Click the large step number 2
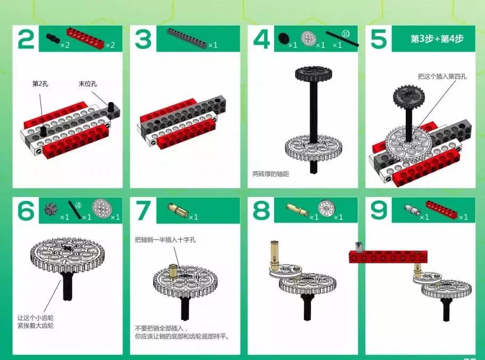click(x=26, y=39)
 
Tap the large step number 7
click(x=143, y=210)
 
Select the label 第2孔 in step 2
click(x=40, y=84)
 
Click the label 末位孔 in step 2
click(x=87, y=84)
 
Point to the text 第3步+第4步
click(x=437, y=39)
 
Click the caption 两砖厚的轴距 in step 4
click(x=270, y=174)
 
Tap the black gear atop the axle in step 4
click(x=314, y=73)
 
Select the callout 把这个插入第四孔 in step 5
click(x=442, y=76)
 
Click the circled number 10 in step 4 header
click(x=346, y=34)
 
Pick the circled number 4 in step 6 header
click(x=79, y=205)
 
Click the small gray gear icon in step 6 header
click(x=50, y=210)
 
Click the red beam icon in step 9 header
click(x=442, y=208)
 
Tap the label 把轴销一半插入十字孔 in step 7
click(x=165, y=240)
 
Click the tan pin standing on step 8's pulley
click(x=274, y=253)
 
